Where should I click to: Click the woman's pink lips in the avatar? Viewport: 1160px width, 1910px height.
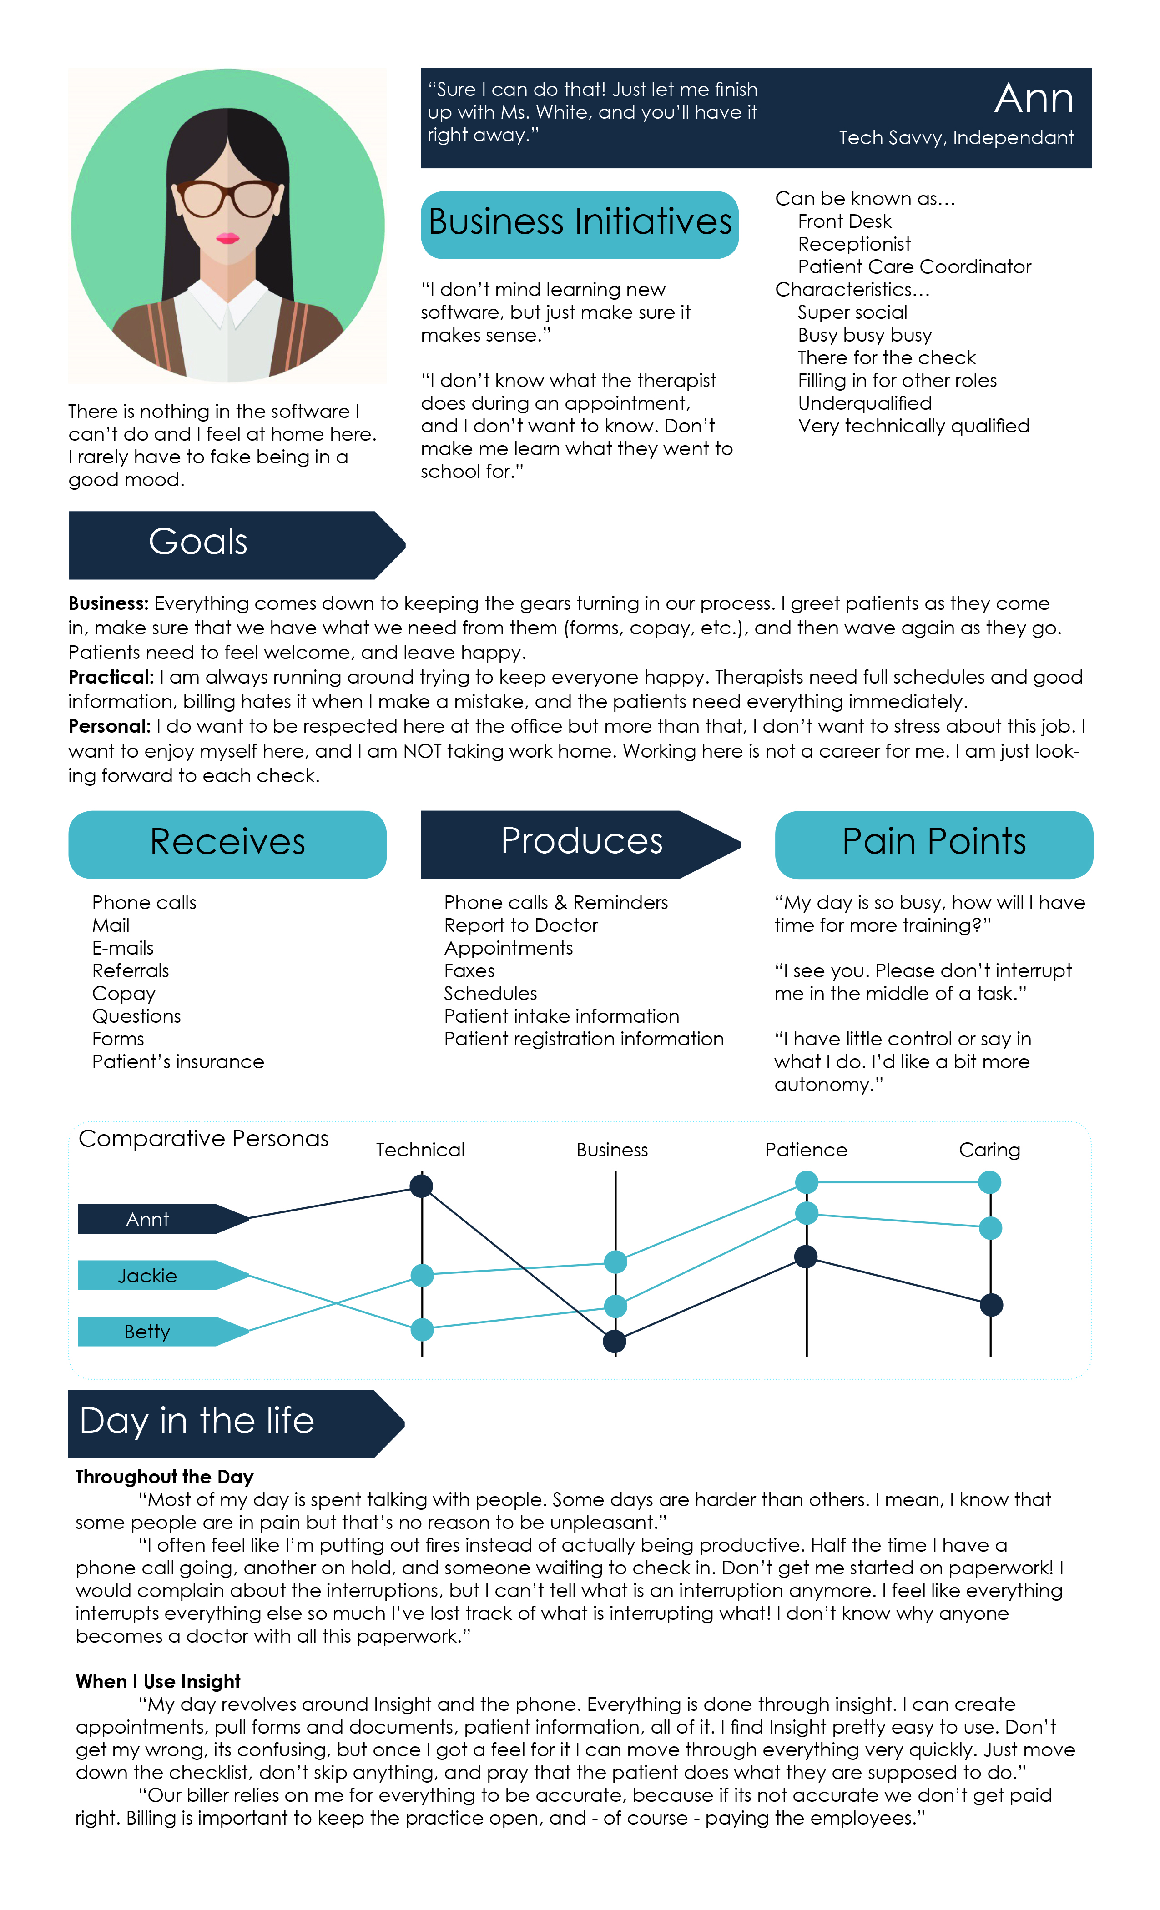click(x=227, y=237)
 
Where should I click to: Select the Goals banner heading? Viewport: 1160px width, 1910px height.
click(x=198, y=542)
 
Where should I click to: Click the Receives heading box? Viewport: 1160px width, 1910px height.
click(x=227, y=843)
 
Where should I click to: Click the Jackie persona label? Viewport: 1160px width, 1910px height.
click(x=147, y=1276)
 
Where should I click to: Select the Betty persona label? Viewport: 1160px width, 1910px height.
click(x=147, y=1332)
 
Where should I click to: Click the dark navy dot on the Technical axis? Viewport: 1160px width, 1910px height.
click(x=421, y=1186)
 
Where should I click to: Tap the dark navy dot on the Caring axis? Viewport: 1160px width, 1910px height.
click(x=990, y=1305)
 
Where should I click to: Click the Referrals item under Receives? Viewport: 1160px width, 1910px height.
click(x=130, y=971)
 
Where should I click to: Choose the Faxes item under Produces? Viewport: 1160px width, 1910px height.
click(x=469, y=971)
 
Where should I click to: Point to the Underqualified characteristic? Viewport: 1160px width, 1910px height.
click(x=865, y=404)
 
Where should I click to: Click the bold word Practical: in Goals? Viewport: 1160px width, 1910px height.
click(x=111, y=678)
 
